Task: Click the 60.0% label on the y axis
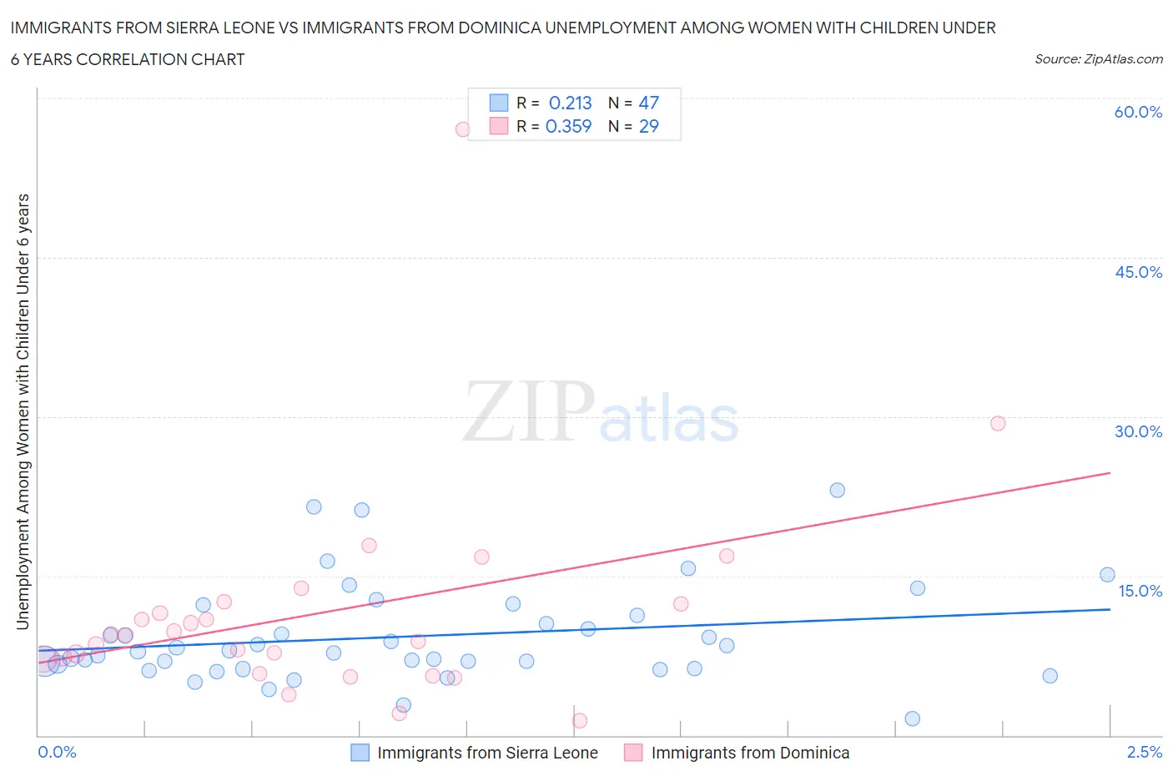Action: point(1138,112)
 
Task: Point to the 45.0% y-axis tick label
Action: point(1138,272)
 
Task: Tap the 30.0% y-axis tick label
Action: point(1138,431)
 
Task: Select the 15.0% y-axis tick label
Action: point(1140,591)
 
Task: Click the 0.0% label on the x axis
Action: point(57,752)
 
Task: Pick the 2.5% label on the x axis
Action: point(1144,752)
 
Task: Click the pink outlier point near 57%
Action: point(462,129)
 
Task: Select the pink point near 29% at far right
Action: point(998,423)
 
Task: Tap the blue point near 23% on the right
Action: point(837,490)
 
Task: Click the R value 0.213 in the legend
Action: point(570,103)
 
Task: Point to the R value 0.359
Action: point(568,126)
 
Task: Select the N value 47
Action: point(648,103)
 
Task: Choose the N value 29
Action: point(648,126)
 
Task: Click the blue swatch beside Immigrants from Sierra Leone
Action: point(360,753)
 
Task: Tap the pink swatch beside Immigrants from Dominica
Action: point(633,753)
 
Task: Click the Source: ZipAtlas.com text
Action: point(1098,59)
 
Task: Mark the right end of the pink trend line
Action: point(1110,473)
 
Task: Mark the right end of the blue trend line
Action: point(1110,609)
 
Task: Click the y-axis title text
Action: point(23,411)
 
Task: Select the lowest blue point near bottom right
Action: point(912,718)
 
